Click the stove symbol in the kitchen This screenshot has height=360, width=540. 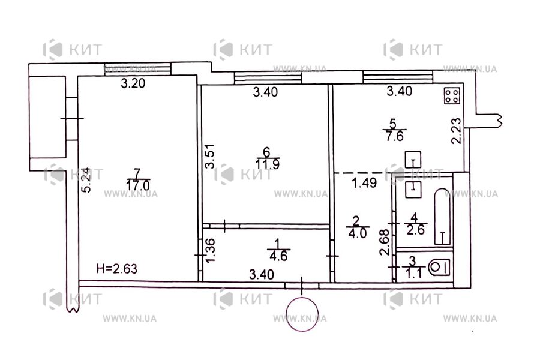pos(452,95)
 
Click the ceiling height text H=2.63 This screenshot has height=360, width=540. pos(119,269)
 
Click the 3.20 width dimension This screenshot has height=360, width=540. pos(133,84)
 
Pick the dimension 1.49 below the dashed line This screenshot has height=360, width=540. pos(364,184)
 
